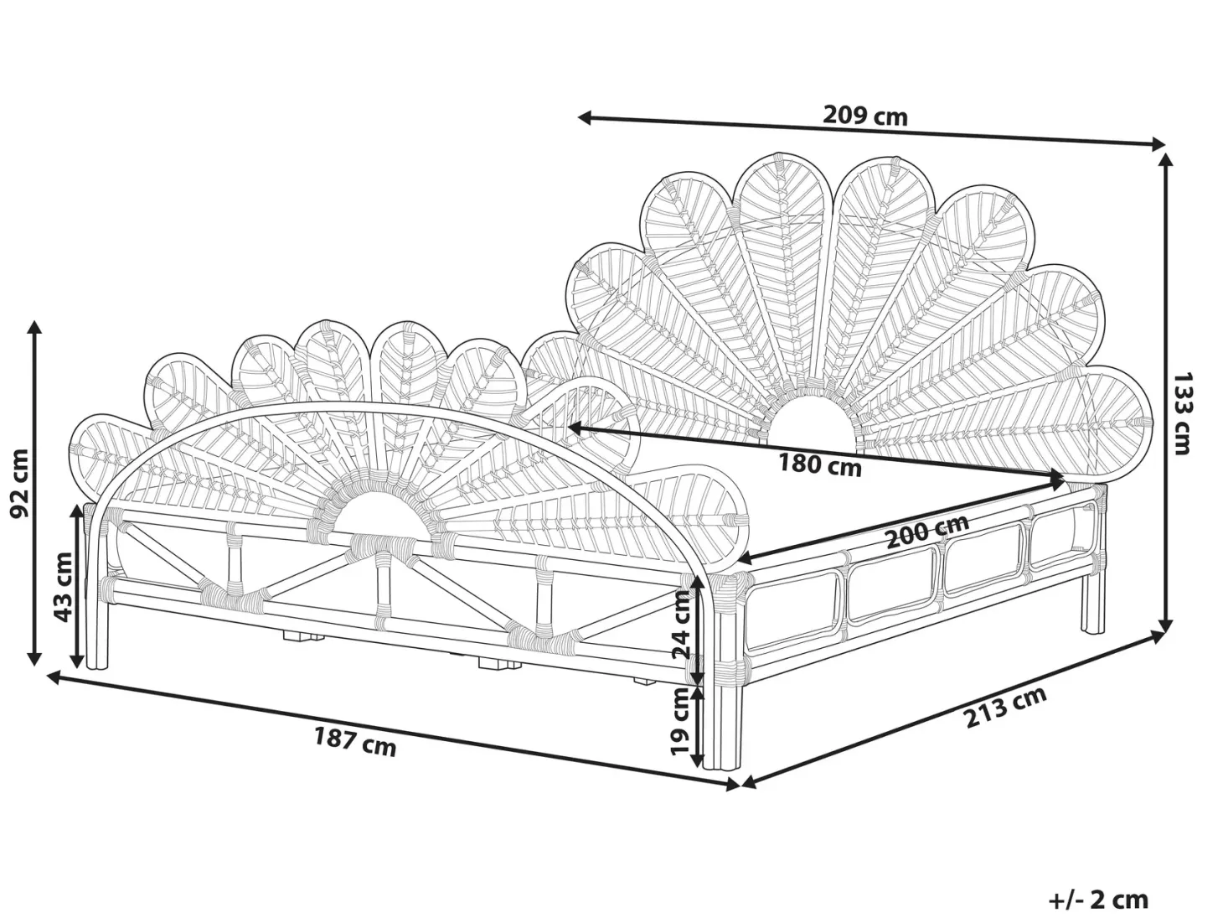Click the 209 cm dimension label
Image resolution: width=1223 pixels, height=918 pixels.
(865, 116)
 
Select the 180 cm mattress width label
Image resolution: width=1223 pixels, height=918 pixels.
(819, 464)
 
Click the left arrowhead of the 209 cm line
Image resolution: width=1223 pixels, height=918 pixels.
(584, 117)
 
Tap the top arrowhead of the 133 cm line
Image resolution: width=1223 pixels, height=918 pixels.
(1165, 160)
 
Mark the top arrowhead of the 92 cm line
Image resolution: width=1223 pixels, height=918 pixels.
(35, 328)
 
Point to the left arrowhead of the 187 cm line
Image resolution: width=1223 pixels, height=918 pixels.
(54, 677)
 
